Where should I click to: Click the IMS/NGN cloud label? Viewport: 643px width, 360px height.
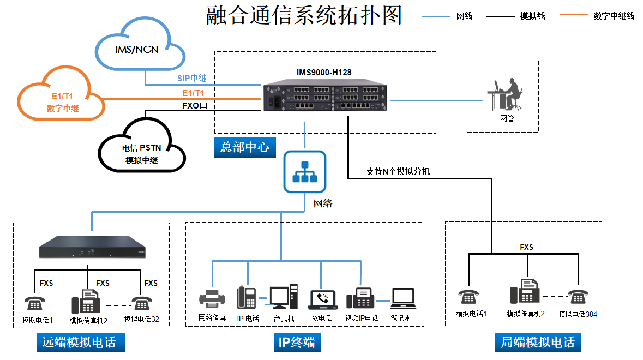(136, 50)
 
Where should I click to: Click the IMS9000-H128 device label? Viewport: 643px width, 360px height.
(324, 73)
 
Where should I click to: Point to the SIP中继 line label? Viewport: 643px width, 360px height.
(191, 79)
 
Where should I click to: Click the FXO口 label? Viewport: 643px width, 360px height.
(194, 105)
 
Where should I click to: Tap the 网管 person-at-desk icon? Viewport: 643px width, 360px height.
(505, 94)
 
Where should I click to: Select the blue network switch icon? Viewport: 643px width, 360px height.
(305, 172)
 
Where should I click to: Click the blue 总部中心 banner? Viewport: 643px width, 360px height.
(245, 148)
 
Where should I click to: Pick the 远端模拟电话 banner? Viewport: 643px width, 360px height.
(80, 343)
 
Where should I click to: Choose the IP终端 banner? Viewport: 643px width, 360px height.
(297, 343)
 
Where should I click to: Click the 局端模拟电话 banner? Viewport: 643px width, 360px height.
(538, 343)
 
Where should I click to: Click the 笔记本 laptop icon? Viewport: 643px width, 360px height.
(403, 298)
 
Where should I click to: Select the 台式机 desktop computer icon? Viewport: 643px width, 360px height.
(284, 296)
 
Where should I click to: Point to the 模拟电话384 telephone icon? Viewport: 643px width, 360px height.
(578, 296)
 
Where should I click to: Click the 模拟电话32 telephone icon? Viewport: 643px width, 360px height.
(142, 303)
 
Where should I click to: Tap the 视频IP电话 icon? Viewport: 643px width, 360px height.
(360, 298)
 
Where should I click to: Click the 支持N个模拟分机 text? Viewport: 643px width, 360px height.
(398, 171)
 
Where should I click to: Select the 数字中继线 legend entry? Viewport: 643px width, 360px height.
(597, 16)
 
